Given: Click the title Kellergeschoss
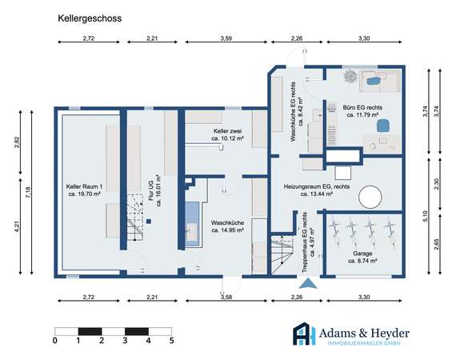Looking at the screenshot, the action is click(90, 18).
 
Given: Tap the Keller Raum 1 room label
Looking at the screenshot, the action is click(84, 190).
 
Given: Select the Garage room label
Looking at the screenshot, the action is click(362, 257).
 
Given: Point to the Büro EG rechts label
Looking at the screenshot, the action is click(362, 111).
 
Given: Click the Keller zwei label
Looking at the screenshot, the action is click(227, 134).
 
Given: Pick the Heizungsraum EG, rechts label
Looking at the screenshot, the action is click(317, 190).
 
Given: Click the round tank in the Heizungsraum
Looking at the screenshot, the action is click(370, 198).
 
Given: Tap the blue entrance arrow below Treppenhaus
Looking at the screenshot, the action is click(308, 283).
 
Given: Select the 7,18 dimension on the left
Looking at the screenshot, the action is click(28, 192).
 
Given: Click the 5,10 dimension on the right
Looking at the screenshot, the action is click(425, 216).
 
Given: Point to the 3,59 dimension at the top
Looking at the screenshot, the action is click(226, 38).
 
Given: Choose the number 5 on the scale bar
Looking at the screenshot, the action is click(171, 341).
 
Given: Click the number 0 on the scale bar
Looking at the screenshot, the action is click(55, 341).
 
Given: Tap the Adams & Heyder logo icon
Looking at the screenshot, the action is click(304, 334).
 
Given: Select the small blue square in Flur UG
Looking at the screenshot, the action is click(149, 222).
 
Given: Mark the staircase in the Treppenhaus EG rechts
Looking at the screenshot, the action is click(282, 254).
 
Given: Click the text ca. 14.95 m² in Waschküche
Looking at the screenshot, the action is click(227, 230).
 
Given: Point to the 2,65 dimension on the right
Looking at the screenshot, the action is click(437, 244).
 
